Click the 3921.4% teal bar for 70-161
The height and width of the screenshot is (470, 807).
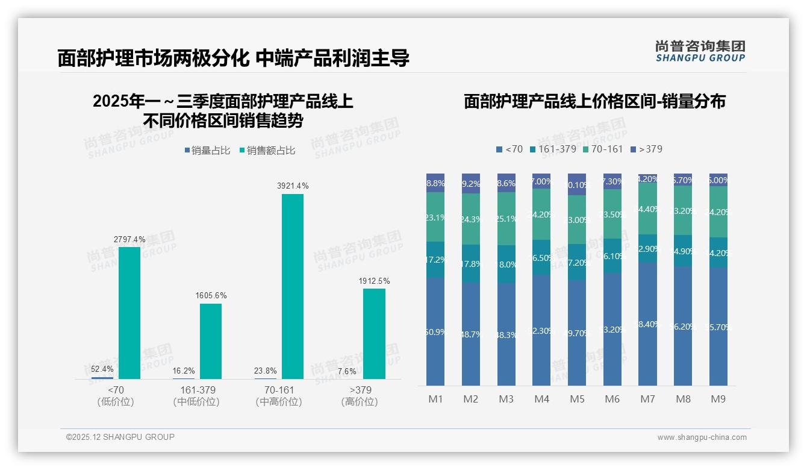(293, 286)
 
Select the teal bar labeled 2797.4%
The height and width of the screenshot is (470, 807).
(129, 313)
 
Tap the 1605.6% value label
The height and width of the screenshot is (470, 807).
(211, 296)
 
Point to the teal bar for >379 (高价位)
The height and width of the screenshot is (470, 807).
(374, 334)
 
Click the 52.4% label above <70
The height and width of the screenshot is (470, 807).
(102, 369)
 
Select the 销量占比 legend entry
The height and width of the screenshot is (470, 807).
(208, 151)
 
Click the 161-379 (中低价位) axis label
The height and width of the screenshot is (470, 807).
(196, 396)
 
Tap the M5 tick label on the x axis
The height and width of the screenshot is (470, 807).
(577, 399)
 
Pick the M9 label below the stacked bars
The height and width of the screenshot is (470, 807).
(718, 399)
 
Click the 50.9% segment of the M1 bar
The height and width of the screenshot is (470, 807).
(435, 331)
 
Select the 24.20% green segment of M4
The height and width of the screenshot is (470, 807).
(541, 214)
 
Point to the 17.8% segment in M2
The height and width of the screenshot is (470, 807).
(471, 263)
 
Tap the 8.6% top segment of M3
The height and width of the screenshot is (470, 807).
(506, 183)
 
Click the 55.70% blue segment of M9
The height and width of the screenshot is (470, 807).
(718, 327)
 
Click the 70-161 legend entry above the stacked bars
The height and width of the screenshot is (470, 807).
(602, 149)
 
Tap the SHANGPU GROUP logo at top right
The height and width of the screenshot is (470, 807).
(700, 51)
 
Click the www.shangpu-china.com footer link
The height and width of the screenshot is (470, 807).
(702, 437)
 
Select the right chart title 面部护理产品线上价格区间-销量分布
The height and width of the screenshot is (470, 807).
(594, 101)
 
